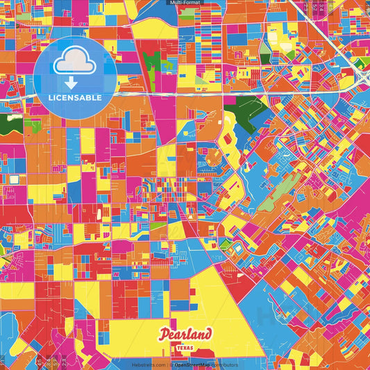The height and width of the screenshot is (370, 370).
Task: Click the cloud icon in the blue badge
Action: coord(75,62)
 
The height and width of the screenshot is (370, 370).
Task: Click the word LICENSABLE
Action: coord(75,98)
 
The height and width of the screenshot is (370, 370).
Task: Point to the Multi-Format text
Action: coord(184,3)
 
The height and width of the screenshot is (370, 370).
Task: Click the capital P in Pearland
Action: coord(163,335)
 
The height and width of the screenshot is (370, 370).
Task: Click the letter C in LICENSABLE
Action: coord(58,98)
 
